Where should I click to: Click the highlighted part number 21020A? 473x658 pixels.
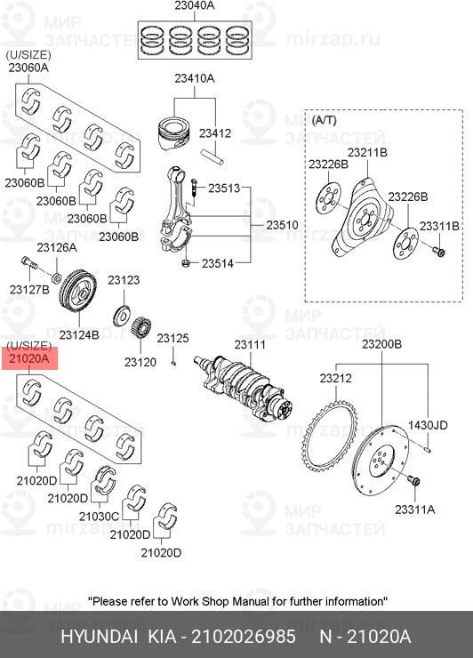(x=29, y=359)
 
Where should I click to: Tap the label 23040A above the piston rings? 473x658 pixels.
(x=195, y=5)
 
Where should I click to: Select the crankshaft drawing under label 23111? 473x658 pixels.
(x=244, y=385)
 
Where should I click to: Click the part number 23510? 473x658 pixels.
(x=282, y=225)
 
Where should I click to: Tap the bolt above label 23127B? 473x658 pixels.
(x=29, y=262)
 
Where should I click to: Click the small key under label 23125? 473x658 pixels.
(x=173, y=362)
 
